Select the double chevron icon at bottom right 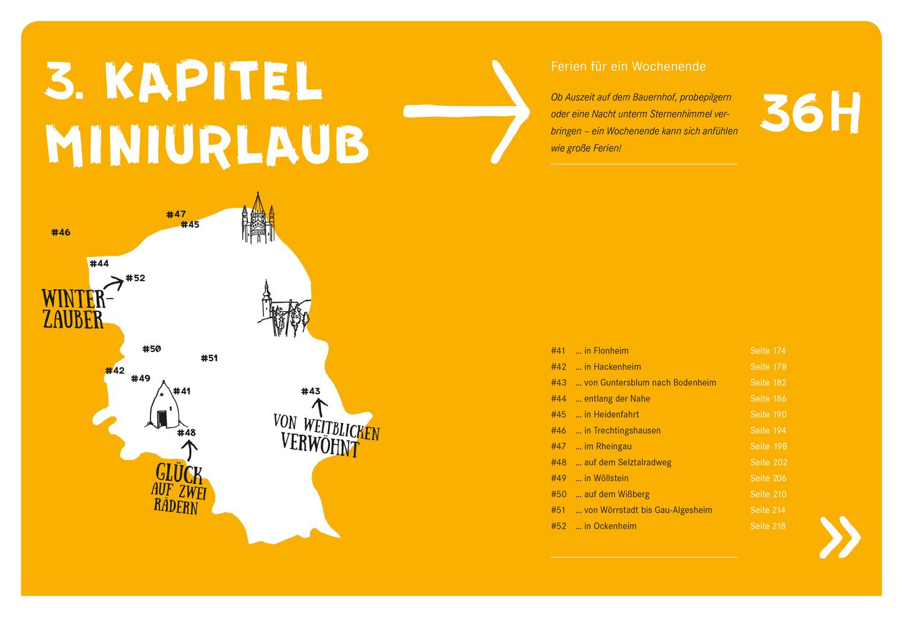pyautogui.click(x=840, y=536)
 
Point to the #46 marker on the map pyautogui.click(x=61, y=232)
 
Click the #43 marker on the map pyautogui.click(x=311, y=391)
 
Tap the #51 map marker pyautogui.click(x=209, y=358)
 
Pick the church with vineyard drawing pyautogui.click(x=284, y=309)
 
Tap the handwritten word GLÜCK pyautogui.click(x=179, y=474)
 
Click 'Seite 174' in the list pyautogui.click(x=768, y=351)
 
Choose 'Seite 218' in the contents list pyautogui.click(x=768, y=526)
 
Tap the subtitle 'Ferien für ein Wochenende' pyautogui.click(x=628, y=66)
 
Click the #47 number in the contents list pyautogui.click(x=558, y=446)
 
